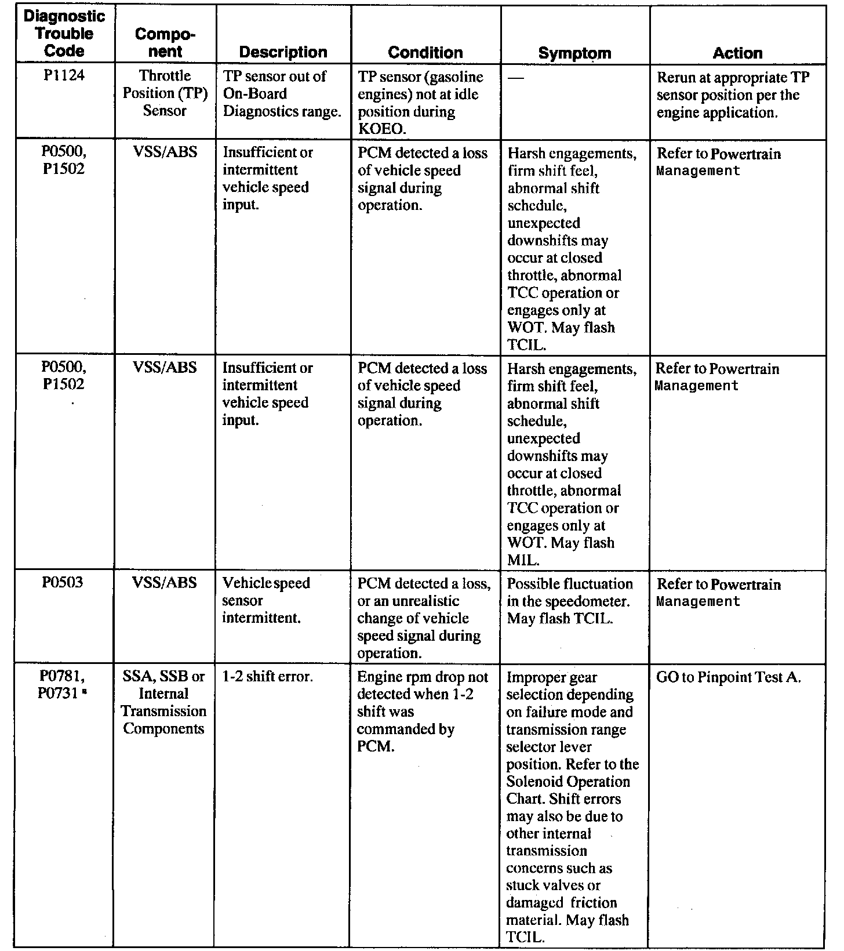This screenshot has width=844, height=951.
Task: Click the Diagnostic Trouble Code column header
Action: [64, 34]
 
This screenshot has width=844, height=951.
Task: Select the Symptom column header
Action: [574, 53]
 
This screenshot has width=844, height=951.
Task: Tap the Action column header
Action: [737, 53]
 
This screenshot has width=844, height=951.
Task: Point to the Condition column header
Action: [425, 52]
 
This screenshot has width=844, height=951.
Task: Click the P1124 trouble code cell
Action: [64, 76]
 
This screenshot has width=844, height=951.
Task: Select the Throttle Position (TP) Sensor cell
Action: [165, 93]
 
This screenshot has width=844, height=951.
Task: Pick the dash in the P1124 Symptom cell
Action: [515, 78]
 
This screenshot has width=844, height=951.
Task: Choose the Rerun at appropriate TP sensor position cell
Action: [733, 95]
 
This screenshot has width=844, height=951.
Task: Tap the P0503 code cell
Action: [63, 583]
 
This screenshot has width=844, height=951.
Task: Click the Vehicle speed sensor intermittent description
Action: [266, 600]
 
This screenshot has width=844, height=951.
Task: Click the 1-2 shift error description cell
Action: [268, 677]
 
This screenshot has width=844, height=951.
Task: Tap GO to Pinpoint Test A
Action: [728, 677]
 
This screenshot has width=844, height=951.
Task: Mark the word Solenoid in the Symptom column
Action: [533, 781]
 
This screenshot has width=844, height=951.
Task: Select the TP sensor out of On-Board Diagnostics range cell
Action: [282, 93]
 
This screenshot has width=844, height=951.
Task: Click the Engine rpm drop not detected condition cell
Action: [423, 711]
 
